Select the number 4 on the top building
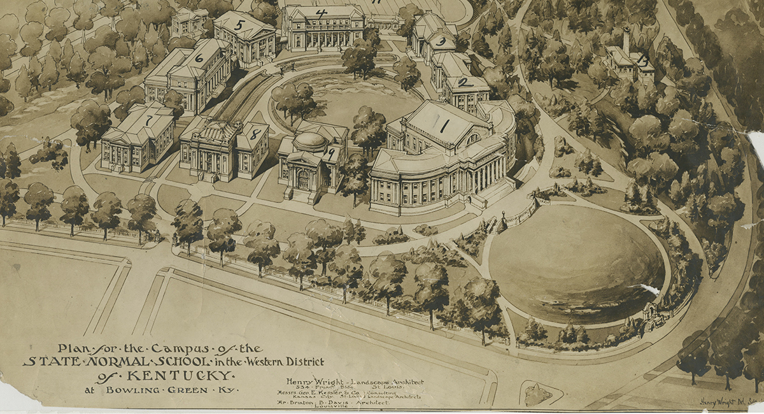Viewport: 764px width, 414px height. point(322,13)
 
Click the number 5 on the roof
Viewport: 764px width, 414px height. point(239,25)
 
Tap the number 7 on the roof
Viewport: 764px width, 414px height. point(149,120)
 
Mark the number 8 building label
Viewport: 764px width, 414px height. point(255,134)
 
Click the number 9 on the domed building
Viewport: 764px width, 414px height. point(330,153)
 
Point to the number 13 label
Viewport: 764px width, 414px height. point(643,61)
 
